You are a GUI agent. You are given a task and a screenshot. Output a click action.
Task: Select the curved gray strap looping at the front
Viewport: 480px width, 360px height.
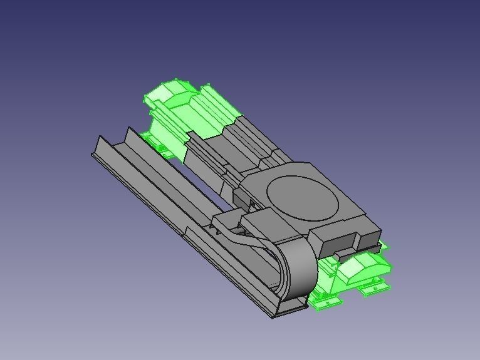coord(298,266)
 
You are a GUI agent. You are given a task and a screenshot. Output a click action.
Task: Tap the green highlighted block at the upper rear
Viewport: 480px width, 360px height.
coord(188,116)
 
